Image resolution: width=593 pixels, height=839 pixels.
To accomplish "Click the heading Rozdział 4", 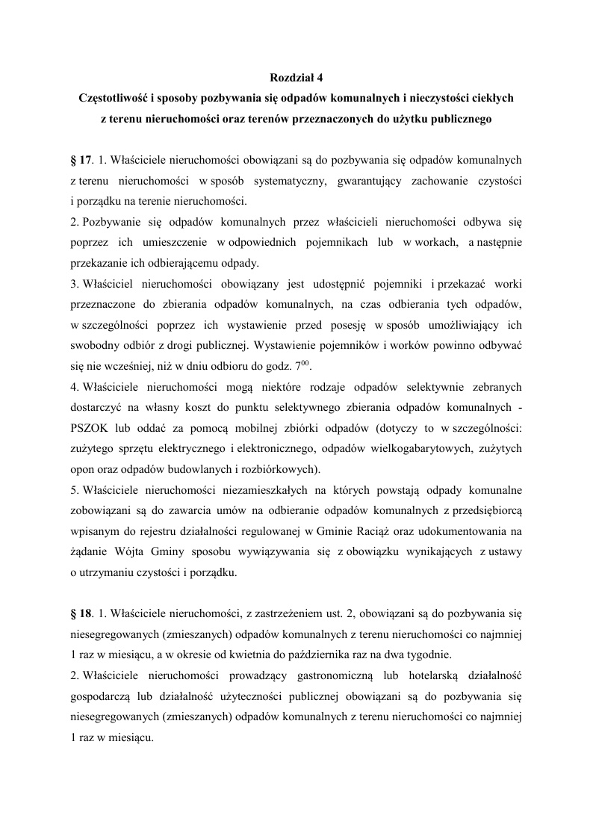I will pos(296,77).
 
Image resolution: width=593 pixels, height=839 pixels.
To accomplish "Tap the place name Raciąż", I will pos(343,531).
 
